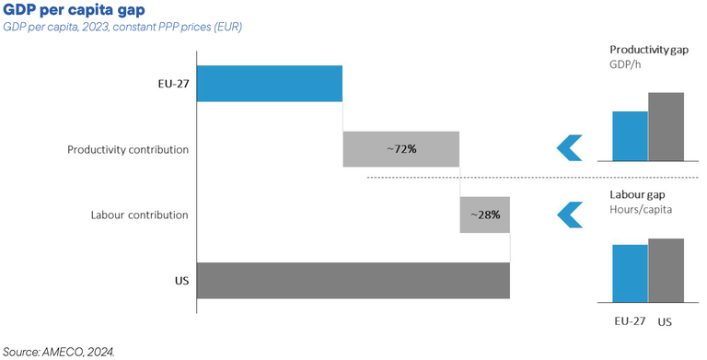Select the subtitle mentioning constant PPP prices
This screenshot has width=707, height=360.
(122, 28)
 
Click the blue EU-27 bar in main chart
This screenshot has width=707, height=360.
(269, 83)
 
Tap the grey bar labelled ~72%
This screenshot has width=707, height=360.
(400, 149)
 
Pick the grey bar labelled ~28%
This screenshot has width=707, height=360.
(484, 215)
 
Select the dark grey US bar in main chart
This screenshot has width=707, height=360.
(353, 280)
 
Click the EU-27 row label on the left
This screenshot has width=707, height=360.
(173, 84)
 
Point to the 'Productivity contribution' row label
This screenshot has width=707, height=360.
(128, 149)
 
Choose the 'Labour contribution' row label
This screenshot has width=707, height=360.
(140, 215)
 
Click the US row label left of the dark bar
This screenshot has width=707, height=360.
(181, 280)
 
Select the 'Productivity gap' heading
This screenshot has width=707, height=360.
(649, 49)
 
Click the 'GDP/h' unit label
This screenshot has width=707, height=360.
(625, 64)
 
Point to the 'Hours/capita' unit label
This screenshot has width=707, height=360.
(641, 210)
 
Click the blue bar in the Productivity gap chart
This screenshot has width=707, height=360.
(630, 136)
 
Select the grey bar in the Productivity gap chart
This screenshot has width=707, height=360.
(666, 127)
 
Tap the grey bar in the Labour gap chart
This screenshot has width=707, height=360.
(666, 270)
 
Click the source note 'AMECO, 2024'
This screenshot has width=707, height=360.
(58, 351)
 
